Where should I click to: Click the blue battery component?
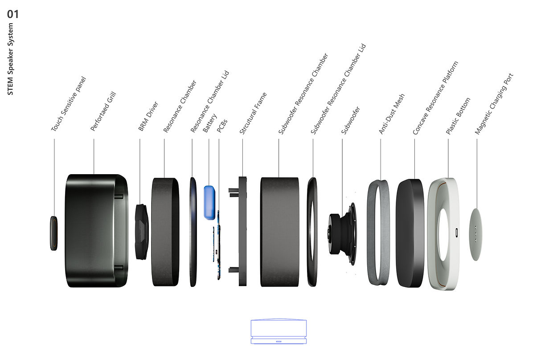(x=209, y=203)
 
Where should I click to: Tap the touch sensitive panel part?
(x=54, y=233)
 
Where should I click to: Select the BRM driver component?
(x=142, y=232)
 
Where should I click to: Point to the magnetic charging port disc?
(x=476, y=234)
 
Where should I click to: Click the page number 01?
(x=12, y=14)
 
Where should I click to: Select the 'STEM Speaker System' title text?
(x=10, y=59)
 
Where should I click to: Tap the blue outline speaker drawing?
(x=278, y=331)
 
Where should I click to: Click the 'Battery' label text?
(x=209, y=123)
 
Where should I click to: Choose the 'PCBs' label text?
(x=222, y=126)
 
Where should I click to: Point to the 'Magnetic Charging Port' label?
(x=494, y=104)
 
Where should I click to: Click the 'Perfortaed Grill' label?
(x=103, y=111)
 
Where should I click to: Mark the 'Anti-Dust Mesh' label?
(x=392, y=114)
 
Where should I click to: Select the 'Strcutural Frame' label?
(x=253, y=113)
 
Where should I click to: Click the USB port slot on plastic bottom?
(x=457, y=233)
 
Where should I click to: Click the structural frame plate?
(x=242, y=231)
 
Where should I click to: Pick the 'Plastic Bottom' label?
(x=458, y=116)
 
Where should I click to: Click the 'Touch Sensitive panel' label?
(x=68, y=104)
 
